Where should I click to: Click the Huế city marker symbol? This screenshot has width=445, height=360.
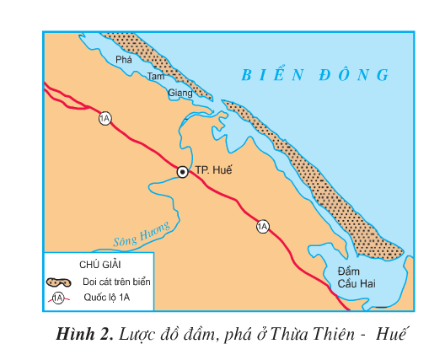(182, 171)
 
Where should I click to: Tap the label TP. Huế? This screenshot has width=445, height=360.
(212, 170)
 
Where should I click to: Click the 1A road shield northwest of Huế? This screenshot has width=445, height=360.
(105, 118)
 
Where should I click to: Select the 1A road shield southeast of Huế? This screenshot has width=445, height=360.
(263, 225)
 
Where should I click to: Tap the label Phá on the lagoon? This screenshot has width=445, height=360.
(125, 61)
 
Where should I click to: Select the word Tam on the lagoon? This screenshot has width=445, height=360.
(155, 77)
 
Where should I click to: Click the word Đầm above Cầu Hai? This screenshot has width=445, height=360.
(349, 271)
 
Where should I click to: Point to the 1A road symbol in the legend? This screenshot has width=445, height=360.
(58, 298)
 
